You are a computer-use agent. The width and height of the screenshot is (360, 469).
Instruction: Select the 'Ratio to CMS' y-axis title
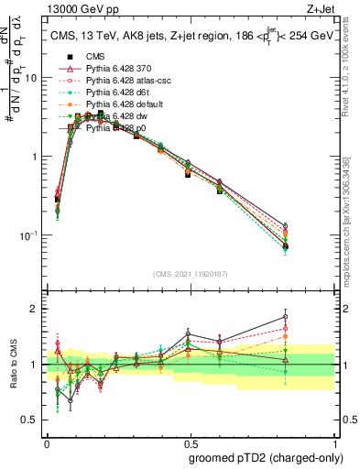pos(13,365)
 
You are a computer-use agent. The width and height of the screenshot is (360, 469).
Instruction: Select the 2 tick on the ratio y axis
pos(35,309)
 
